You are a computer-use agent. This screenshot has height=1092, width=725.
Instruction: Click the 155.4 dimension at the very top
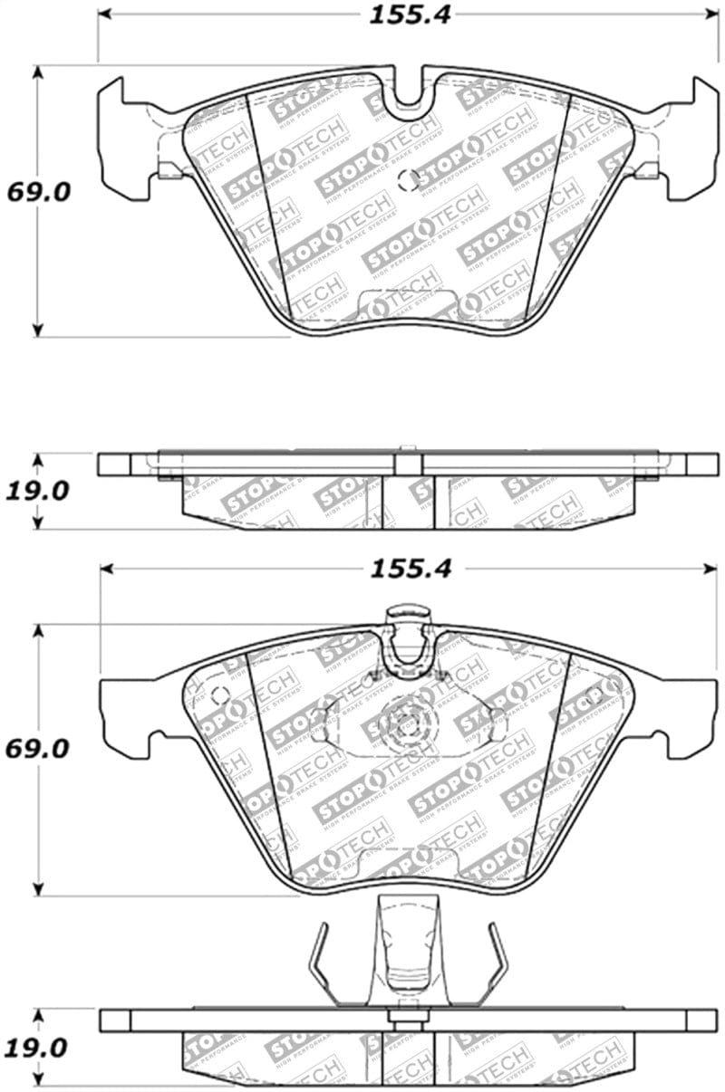[409, 14]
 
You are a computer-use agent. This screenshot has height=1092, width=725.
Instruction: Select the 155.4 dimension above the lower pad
[410, 569]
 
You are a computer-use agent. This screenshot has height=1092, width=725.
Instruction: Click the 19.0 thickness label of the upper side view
[36, 492]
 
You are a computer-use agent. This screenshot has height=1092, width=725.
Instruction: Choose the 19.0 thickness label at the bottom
[35, 1049]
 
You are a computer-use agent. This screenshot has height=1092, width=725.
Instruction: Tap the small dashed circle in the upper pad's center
[409, 179]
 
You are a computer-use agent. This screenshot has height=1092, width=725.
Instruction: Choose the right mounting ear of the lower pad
[692, 715]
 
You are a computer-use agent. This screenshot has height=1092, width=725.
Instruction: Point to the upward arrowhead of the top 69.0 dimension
[37, 73]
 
